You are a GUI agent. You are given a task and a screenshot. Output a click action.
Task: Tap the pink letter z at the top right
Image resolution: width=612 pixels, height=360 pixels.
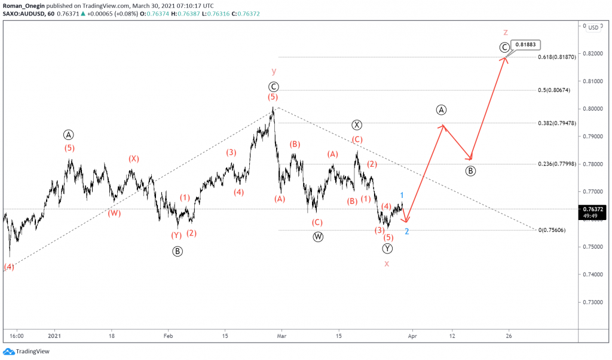(x=506, y=32)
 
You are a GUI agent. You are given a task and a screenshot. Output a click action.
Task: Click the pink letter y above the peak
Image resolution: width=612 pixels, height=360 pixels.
(x=273, y=71)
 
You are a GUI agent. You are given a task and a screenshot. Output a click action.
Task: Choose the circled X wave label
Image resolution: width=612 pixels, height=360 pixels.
(x=357, y=125)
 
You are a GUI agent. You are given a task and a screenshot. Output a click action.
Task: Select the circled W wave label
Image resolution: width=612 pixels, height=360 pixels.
(x=318, y=237)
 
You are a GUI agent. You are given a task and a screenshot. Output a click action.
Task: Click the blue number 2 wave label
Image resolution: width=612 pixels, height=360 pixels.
(x=406, y=231)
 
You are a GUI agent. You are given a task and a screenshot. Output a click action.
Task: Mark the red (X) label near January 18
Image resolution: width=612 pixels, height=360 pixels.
(x=133, y=158)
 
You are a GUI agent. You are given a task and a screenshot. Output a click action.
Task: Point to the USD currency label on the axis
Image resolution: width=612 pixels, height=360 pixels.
(x=593, y=28)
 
